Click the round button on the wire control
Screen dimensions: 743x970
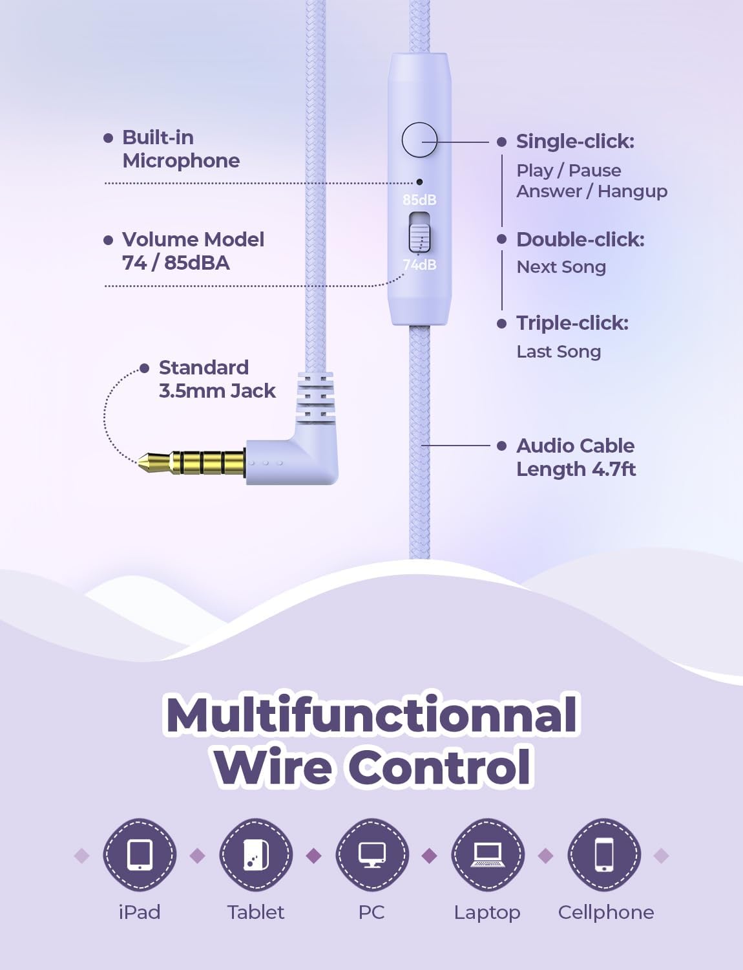click(x=419, y=140)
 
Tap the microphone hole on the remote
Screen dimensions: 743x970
click(x=419, y=182)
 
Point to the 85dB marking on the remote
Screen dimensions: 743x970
click(x=419, y=200)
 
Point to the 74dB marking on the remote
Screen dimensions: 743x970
click(x=419, y=265)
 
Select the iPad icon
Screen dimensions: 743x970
click(x=140, y=854)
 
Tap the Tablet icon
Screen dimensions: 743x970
click(x=256, y=854)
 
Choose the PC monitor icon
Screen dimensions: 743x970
click(x=372, y=854)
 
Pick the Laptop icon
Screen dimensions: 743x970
click(x=488, y=854)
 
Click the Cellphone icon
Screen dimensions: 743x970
click(x=604, y=854)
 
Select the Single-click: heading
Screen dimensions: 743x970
click(x=575, y=142)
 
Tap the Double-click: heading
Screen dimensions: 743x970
click(x=580, y=240)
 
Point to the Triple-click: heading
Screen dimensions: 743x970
click(x=572, y=323)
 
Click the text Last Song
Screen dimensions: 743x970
click(x=558, y=352)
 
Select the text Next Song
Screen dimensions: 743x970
click(x=561, y=267)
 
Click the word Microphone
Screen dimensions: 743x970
click(x=181, y=161)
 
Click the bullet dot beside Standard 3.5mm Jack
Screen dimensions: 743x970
click(x=144, y=368)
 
